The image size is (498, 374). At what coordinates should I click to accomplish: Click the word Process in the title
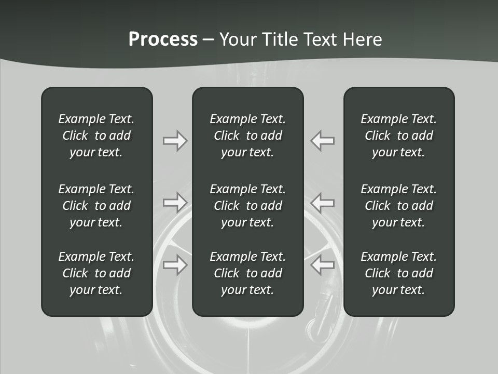(163, 39)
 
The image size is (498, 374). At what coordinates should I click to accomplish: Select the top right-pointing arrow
(175, 141)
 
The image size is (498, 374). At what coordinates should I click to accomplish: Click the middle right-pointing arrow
(175, 202)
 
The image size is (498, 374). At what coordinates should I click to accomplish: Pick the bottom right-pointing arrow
(175, 265)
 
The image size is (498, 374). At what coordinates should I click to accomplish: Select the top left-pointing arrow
(323, 141)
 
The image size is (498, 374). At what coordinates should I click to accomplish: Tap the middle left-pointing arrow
(323, 202)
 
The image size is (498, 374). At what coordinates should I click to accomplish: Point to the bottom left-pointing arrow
(323, 265)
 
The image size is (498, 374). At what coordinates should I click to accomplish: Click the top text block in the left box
(96, 136)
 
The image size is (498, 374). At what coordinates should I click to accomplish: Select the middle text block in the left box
(96, 206)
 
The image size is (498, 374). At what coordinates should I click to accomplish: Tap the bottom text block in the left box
(96, 273)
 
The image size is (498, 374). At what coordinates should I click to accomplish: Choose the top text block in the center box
(247, 136)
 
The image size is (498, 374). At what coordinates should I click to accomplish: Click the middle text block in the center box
(247, 206)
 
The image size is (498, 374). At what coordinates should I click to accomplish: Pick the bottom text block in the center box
(247, 273)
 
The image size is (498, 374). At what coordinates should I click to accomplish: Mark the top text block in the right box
(398, 136)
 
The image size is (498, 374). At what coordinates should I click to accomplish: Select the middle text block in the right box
(398, 206)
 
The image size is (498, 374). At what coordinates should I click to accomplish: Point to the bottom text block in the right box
(398, 273)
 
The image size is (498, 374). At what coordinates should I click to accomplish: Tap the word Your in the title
(237, 39)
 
